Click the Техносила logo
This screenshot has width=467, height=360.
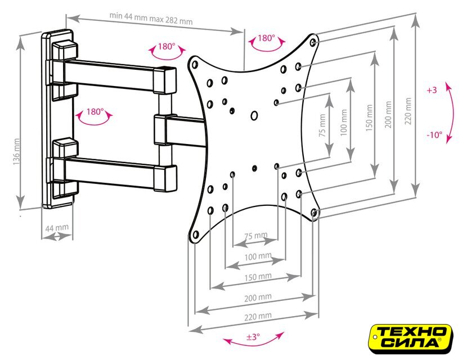point(411,339)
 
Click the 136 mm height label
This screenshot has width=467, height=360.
point(16,151)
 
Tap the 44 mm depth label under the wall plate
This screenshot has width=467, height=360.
point(57,228)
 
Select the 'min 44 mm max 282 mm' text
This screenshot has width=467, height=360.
point(151,19)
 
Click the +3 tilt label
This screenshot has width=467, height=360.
point(432,90)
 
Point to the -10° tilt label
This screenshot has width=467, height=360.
point(434,135)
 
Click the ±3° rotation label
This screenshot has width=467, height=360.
point(253,337)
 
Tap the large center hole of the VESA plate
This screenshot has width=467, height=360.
point(254,115)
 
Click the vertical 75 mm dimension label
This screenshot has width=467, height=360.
point(322,125)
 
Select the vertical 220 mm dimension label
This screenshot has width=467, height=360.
point(408,111)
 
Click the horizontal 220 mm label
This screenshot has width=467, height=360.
point(258,316)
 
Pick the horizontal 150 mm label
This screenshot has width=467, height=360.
point(258,277)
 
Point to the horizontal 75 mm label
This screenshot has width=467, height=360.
point(256,236)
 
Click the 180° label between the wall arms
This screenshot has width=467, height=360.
point(95,112)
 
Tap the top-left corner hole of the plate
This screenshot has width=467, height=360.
point(195,64)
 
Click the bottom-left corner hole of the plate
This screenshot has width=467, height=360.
point(196,235)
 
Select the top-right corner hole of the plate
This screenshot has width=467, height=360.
point(313,42)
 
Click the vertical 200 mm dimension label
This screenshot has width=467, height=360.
point(388,114)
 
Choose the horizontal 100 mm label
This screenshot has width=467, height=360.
point(258,256)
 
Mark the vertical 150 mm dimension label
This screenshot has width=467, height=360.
point(369,118)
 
